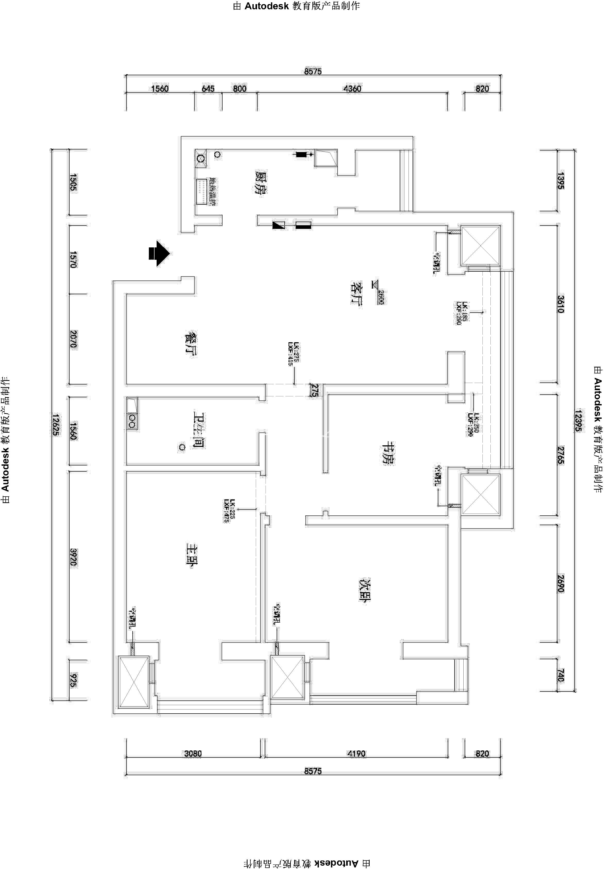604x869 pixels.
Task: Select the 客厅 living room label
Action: coord(356,293)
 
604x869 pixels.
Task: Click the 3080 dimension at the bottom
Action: coord(193,754)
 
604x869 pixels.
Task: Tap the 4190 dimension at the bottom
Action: coord(356,754)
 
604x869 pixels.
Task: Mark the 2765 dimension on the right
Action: coord(560,455)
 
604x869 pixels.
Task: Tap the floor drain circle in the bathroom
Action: coord(182,447)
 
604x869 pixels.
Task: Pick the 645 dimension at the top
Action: coord(208,89)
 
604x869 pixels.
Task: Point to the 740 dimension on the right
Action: coord(560,675)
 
